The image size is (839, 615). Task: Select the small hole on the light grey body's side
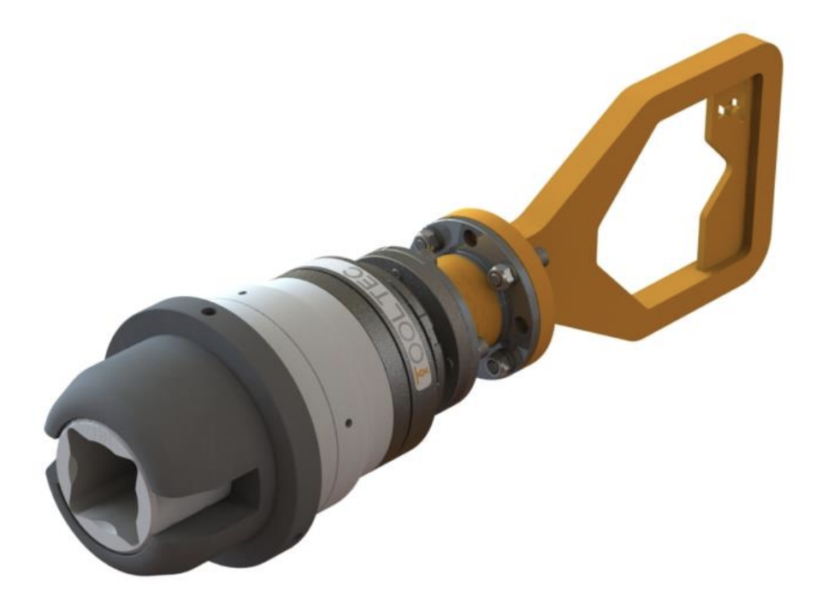click(348, 422)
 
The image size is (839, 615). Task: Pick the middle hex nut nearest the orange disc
click(497, 276)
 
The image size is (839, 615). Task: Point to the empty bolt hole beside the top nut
click(468, 240)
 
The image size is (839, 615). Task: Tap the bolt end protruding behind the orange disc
click(544, 257)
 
